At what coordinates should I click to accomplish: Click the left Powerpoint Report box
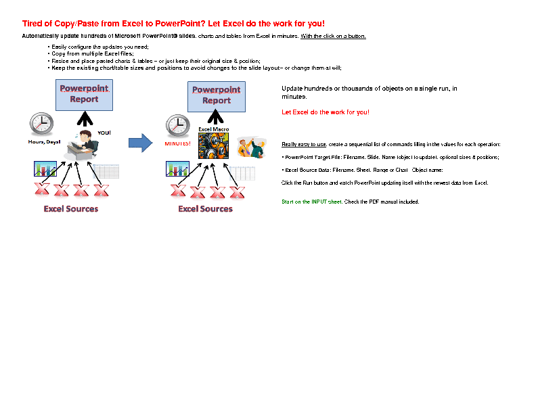(84, 95)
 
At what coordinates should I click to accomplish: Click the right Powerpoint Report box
(217, 96)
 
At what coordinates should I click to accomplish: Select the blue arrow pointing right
(140, 143)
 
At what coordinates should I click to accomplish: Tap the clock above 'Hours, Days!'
(41, 124)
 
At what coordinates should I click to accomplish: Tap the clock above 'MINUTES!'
(177, 126)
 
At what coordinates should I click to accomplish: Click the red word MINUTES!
(177, 143)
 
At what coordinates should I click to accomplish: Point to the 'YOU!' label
(104, 133)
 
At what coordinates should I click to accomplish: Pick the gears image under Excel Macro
(213, 145)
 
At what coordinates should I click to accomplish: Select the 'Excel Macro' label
(213, 129)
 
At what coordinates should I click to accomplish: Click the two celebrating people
(250, 147)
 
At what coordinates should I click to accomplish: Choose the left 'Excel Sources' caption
(71, 208)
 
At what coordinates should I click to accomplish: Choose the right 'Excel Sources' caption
(205, 208)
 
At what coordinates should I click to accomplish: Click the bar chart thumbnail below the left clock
(45, 169)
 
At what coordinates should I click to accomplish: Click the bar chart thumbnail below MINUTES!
(177, 169)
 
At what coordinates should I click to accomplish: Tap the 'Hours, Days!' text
(44, 142)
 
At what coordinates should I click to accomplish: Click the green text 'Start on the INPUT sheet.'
(312, 202)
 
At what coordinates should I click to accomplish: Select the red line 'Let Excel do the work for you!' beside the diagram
(326, 112)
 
